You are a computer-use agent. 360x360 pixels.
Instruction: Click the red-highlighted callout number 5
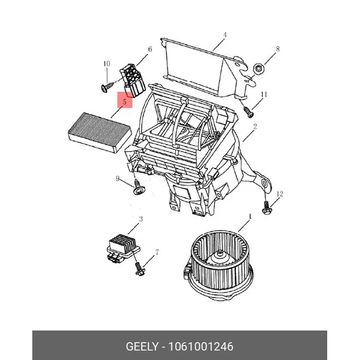coord(125,101)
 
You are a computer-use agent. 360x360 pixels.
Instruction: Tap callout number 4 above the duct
coord(225,35)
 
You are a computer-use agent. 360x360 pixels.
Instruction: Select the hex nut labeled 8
coord(258,68)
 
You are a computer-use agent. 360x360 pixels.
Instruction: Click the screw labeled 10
coord(107,87)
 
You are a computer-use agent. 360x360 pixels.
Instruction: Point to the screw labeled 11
coord(248,112)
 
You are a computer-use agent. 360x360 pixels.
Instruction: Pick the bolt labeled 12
coord(266,208)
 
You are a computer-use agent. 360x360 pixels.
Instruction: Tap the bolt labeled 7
coord(139,269)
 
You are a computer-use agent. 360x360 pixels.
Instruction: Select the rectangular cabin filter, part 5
coord(100,132)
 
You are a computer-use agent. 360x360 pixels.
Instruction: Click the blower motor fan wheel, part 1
coord(218,265)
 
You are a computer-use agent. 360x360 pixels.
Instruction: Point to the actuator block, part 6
coord(133,80)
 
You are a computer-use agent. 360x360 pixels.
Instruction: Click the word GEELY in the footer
coord(142,346)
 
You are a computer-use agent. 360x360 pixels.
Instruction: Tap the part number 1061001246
coord(201,346)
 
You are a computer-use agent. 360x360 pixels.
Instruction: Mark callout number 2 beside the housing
coord(255,126)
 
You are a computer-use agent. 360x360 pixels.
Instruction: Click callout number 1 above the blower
coord(250,216)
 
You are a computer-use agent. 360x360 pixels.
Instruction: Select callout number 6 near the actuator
coord(149,49)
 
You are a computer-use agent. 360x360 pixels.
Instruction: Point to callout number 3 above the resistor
coord(141,219)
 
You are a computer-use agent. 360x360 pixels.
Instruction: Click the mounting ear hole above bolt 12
coord(265,184)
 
